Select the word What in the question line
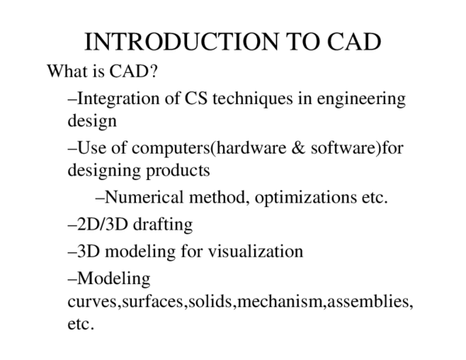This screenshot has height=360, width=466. point(65,72)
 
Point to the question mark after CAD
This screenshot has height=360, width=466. point(155,72)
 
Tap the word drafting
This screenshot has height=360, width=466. point(162,225)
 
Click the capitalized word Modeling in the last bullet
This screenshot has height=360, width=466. point(113,277)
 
